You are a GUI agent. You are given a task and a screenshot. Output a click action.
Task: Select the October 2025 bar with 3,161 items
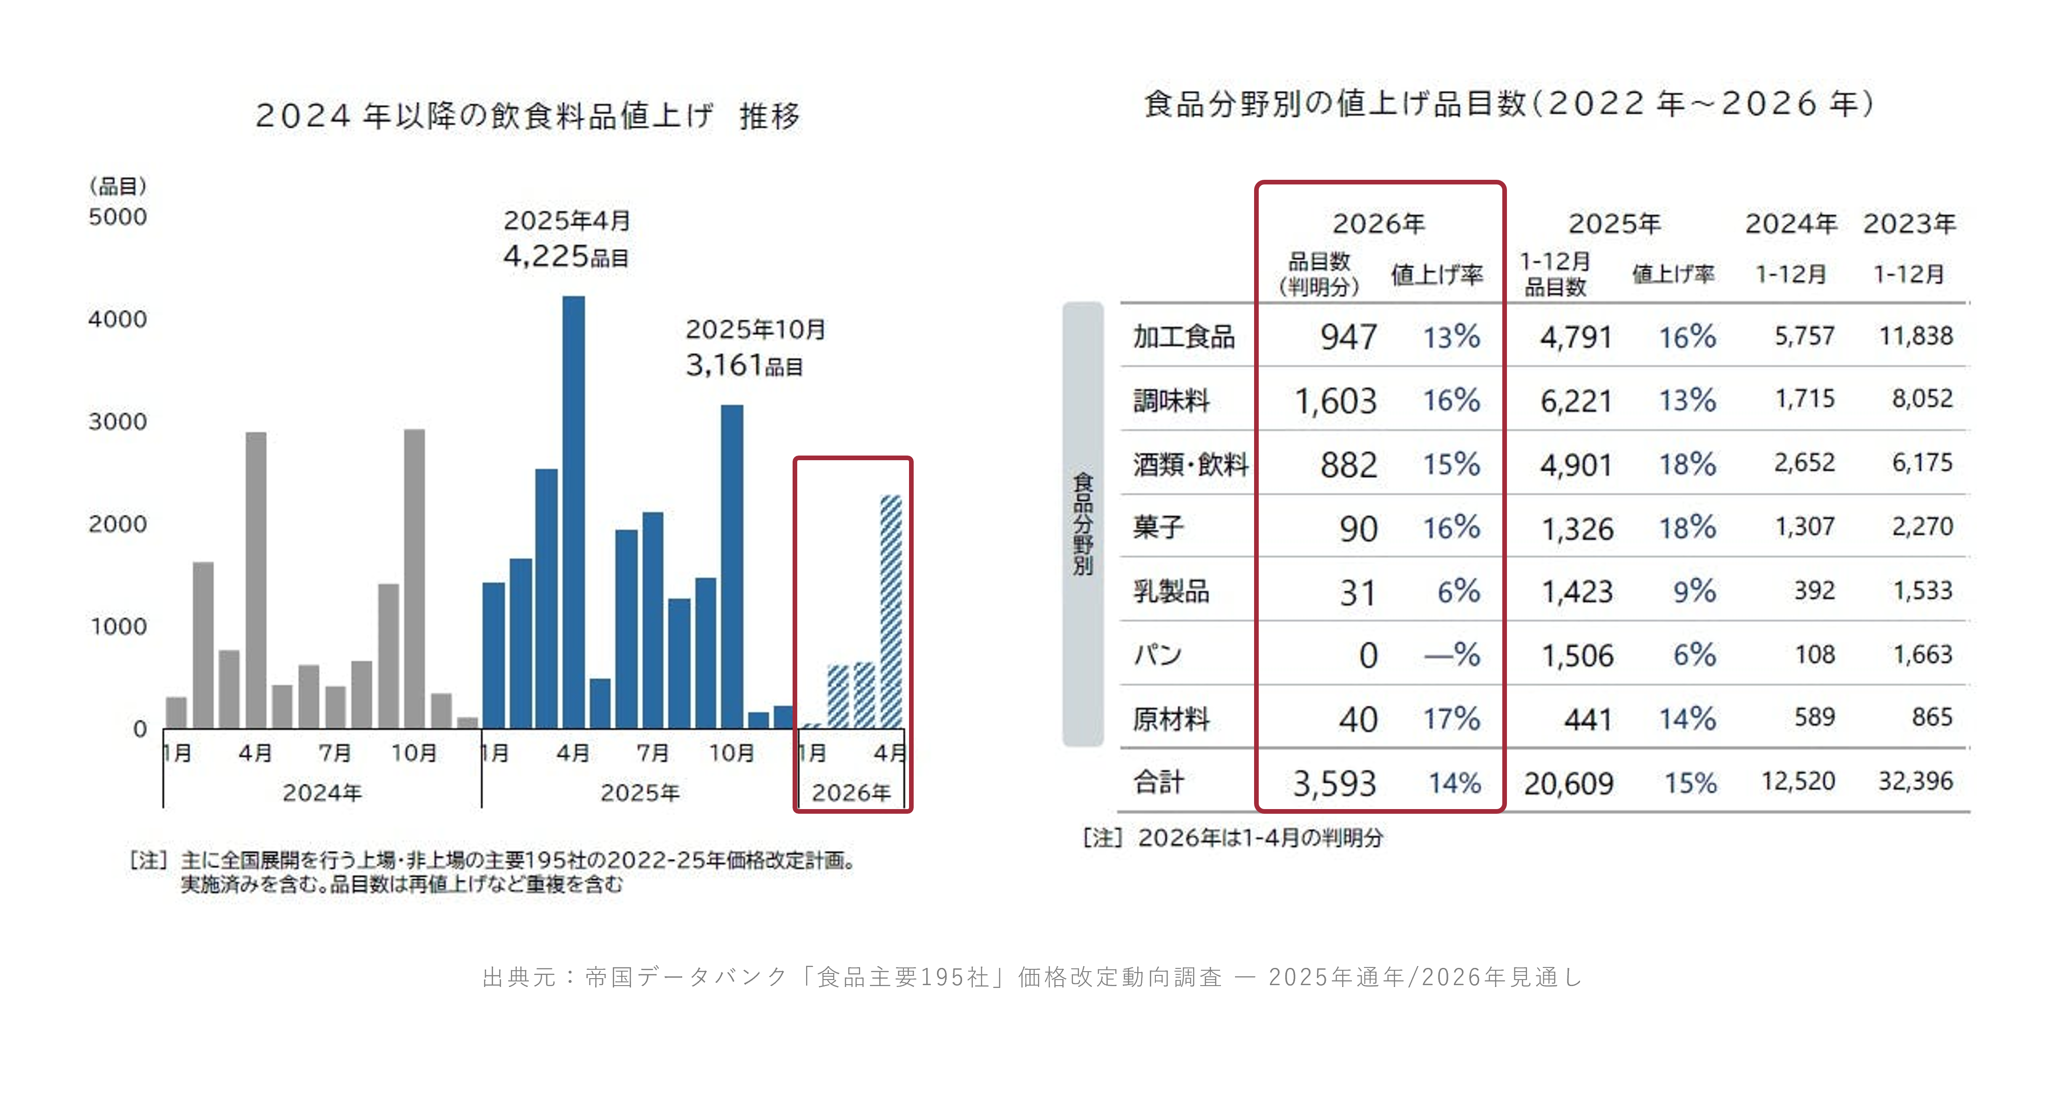click(x=732, y=566)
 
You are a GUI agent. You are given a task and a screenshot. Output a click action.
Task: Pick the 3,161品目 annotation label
click(x=744, y=365)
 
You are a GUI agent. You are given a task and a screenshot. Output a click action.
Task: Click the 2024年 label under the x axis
click(x=322, y=792)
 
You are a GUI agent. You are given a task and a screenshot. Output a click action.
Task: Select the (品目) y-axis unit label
click(x=118, y=186)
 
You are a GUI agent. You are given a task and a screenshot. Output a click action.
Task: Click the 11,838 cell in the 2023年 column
click(x=1915, y=336)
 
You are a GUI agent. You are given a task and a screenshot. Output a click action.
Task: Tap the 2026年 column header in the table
click(x=1378, y=224)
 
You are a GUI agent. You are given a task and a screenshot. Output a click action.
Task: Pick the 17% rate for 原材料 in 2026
click(x=1451, y=719)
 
